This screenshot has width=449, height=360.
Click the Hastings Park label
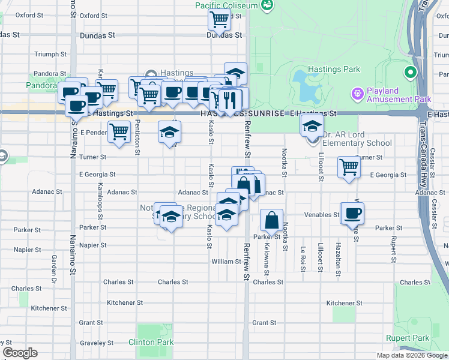334,70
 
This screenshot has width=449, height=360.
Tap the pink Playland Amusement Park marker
357,94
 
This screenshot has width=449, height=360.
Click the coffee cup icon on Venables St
352,213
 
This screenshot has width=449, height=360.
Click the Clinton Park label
151,343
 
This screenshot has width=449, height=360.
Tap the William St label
226,262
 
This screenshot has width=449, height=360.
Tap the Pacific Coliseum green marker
267,5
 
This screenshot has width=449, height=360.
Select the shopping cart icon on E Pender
119,131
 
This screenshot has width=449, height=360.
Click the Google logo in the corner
20,353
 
